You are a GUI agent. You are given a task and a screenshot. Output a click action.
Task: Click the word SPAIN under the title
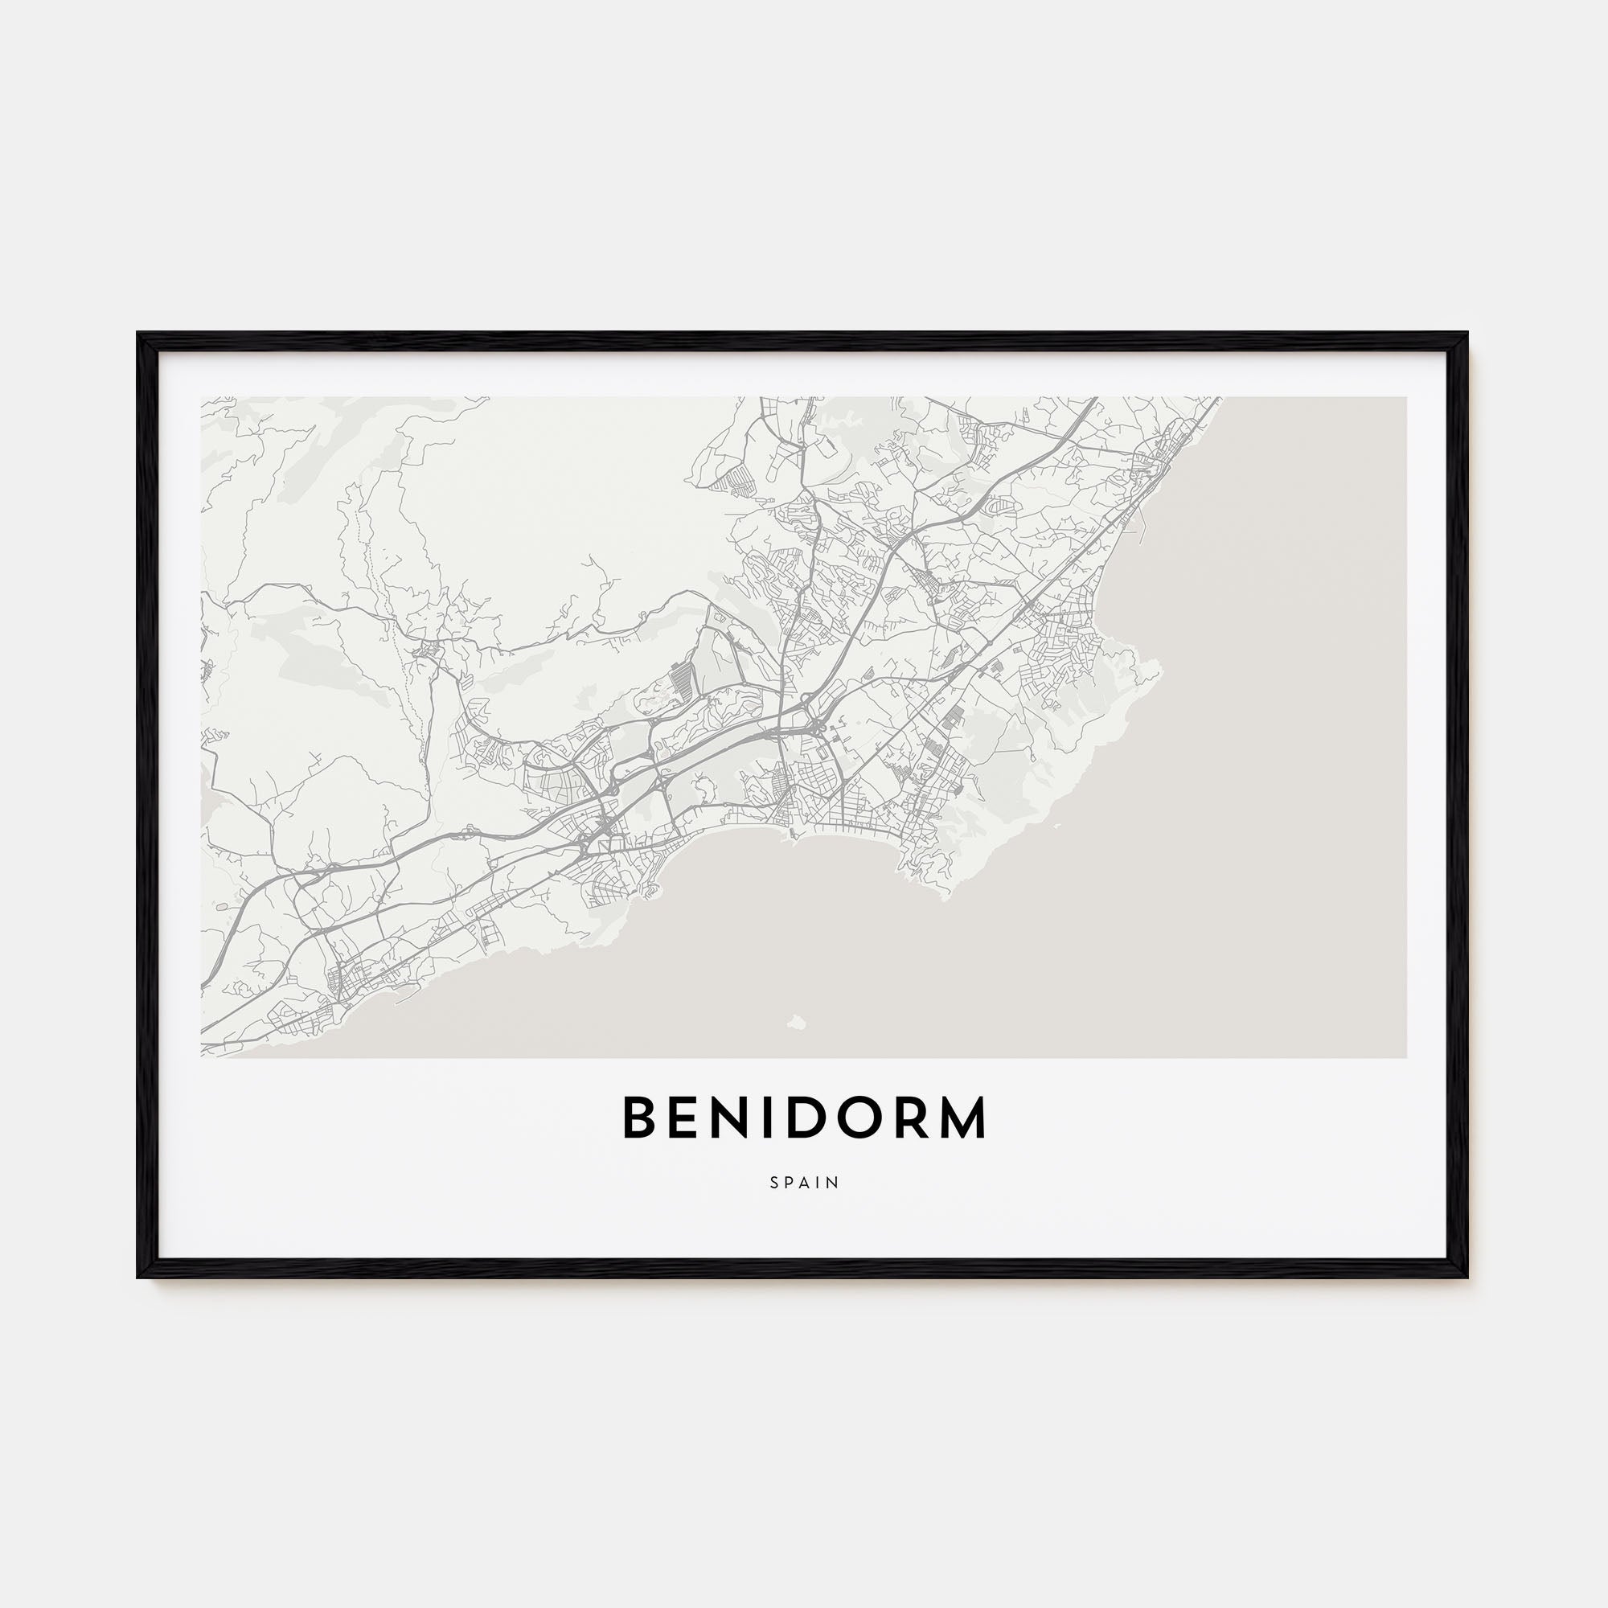pos(804,1182)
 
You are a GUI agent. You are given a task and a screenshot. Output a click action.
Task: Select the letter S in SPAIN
pos(774,1182)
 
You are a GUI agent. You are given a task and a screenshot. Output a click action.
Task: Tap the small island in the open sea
pos(796,1020)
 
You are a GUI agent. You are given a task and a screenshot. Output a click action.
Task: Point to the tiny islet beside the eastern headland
pos(1056,827)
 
